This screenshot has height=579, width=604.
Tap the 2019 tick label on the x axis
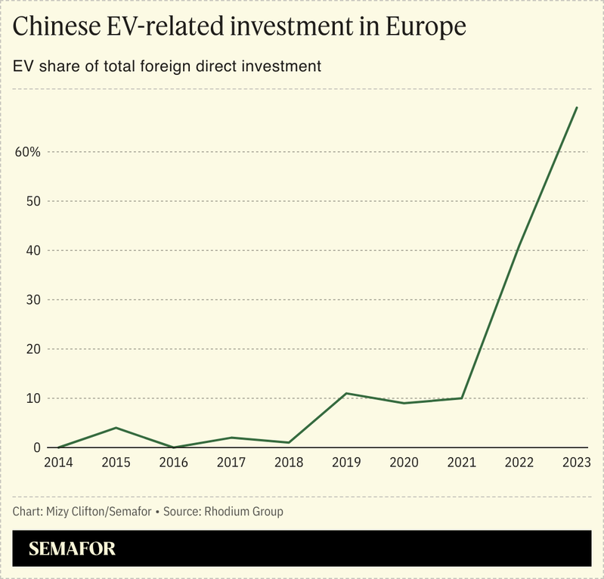coord(346,462)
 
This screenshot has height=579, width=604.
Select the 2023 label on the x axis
coord(577,462)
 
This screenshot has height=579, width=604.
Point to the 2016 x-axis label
coord(173,462)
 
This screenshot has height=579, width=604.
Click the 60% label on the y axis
coord(27,152)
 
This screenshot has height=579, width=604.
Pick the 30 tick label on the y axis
coord(33,300)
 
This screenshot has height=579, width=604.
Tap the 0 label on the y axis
coord(36,447)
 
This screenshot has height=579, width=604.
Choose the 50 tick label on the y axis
coord(33,201)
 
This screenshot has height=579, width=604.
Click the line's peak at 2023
coord(577,107)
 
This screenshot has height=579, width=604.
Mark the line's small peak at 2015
coord(116,428)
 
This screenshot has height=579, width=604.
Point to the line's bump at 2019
coord(346,393)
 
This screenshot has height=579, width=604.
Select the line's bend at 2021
coord(462,398)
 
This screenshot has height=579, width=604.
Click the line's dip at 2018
coord(289,442)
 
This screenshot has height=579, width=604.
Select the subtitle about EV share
coord(167,67)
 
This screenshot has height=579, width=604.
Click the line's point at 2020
coord(404,403)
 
